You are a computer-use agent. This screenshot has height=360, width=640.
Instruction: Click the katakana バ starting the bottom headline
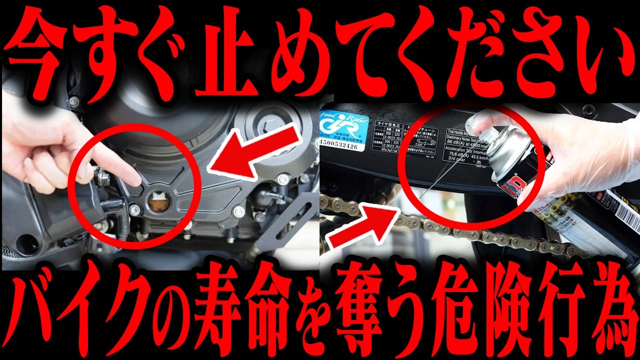point(34,312)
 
